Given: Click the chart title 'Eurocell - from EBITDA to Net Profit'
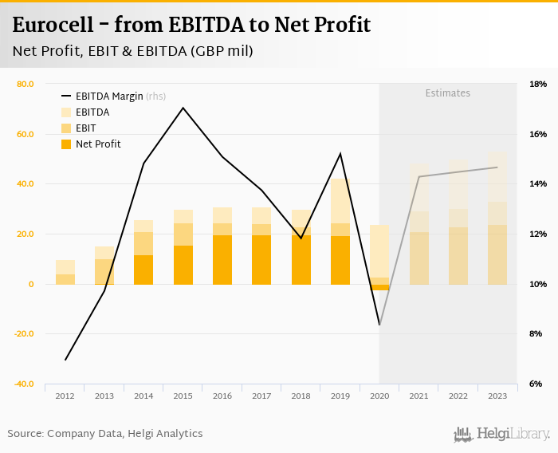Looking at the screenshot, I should [x=191, y=25].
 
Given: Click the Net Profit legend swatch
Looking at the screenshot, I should [x=66, y=144].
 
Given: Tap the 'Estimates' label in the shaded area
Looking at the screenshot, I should [x=447, y=93].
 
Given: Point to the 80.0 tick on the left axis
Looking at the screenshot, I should [x=25, y=84].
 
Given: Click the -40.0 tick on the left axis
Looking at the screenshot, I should [x=24, y=384].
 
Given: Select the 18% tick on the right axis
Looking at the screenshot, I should [x=538, y=84].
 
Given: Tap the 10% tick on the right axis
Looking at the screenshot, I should [x=538, y=285].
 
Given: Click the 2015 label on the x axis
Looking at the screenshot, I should [x=183, y=396].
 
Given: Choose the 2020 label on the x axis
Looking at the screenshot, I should [x=379, y=396].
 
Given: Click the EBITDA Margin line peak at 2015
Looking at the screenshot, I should [x=183, y=108].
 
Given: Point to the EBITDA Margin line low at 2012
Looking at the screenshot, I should [x=65, y=360].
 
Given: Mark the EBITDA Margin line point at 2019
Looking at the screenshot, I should [x=340, y=153].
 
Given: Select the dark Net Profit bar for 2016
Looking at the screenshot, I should [x=222, y=260].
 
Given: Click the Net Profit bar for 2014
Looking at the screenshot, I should [x=143, y=270].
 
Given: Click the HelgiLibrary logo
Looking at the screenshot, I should [x=501, y=434].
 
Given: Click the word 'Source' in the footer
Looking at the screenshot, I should [x=26, y=434].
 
